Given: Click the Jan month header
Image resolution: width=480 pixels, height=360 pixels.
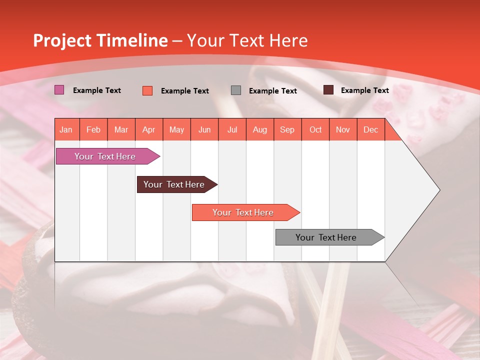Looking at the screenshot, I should pyautogui.click(x=66, y=129).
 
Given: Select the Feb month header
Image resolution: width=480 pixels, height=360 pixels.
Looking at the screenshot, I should pyautogui.click(x=93, y=129).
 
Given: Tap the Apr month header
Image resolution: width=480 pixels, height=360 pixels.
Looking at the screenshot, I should pyautogui.click(x=149, y=129).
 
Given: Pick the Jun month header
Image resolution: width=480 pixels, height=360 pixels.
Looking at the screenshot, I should pyautogui.click(x=204, y=129).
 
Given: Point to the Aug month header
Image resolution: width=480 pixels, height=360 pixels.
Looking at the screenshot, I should pyautogui.click(x=260, y=129).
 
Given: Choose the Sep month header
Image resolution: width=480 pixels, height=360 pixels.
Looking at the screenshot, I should pyautogui.click(x=287, y=129).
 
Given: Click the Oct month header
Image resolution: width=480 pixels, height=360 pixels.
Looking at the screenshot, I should pyautogui.click(x=315, y=129).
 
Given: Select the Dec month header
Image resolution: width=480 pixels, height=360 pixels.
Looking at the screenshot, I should pyautogui.click(x=371, y=129).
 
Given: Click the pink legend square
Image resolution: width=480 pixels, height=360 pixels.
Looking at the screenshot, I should pyautogui.click(x=59, y=90).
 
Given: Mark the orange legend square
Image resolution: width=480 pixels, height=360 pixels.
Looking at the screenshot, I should pyautogui.click(x=147, y=90).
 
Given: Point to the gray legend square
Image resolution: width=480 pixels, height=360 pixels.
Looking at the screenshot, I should pyautogui.click(x=236, y=90).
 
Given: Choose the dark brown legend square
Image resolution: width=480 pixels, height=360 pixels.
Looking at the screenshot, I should pyautogui.click(x=328, y=90).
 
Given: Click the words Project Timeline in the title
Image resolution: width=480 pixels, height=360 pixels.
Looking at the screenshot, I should pyautogui.click(x=100, y=40).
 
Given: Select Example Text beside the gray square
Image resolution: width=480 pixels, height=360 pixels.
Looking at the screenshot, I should pyautogui.click(x=273, y=90).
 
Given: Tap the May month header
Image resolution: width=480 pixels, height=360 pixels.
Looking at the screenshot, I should pyautogui.click(x=176, y=129).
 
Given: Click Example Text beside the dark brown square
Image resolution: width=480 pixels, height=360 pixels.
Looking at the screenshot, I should pyautogui.click(x=365, y=90).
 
